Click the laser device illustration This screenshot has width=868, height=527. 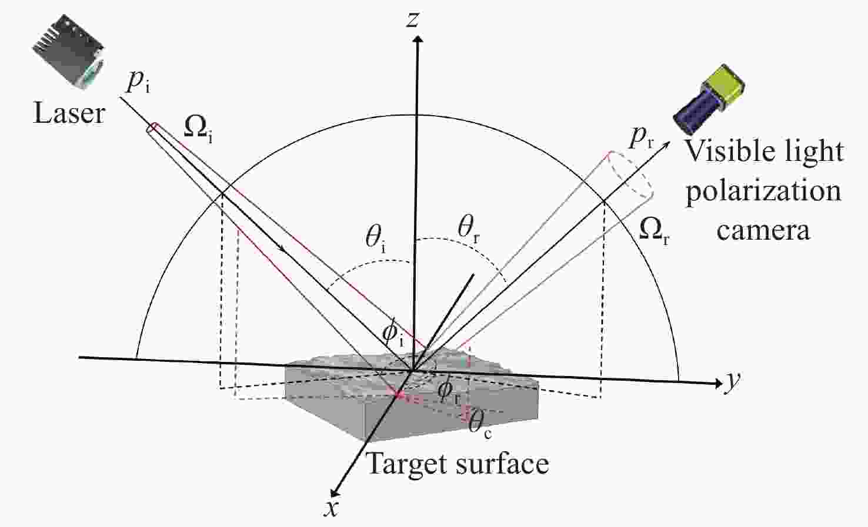[x=68, y=52]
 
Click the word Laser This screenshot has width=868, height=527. [x=69, y=114]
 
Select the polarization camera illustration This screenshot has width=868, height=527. [x=709, y=100]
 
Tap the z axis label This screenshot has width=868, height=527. [x=413, y=20]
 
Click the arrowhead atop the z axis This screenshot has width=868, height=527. [x=418, y=39]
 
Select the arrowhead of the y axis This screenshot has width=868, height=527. [x=719, y=383]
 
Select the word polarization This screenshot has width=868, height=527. [x=764, y=192]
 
